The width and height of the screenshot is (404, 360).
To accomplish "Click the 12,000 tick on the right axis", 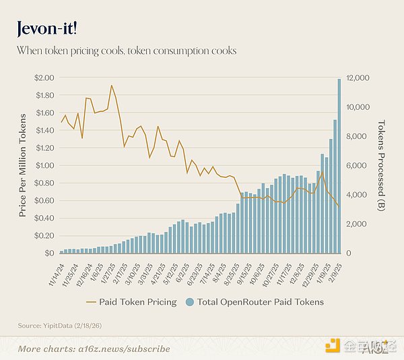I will [x=357, y=78].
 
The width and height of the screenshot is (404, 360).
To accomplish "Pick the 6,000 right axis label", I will [x=355, y=165].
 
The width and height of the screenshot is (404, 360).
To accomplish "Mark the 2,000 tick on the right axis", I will [x=355, y=224].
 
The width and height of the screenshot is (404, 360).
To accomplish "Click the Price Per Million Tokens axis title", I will [x=23, y=165].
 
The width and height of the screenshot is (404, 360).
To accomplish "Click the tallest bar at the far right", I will [x=339, y=166].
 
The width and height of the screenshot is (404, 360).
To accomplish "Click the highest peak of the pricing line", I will [x=111, y=86].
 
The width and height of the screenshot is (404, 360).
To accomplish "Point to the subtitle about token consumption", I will [x=127, y=51].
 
